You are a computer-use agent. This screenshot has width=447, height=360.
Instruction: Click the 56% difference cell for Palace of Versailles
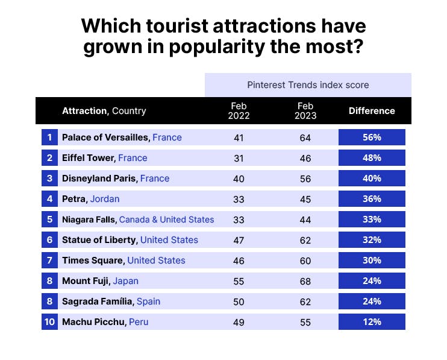372,137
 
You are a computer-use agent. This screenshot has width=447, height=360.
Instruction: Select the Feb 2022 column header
239,111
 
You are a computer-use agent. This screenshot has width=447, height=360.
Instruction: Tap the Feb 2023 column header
305,111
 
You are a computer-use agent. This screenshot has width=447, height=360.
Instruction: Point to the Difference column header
372,111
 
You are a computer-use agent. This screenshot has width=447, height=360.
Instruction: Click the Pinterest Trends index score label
308,85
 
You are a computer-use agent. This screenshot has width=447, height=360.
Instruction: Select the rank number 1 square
49,137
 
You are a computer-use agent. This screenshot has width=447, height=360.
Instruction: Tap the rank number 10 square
49,322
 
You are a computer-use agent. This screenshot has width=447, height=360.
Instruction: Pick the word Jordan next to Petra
105,199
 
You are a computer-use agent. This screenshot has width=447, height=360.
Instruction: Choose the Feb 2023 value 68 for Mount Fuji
305,281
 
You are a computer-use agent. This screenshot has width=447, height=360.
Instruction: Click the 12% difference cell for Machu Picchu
372,322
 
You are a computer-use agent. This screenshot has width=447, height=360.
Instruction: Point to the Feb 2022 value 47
239,240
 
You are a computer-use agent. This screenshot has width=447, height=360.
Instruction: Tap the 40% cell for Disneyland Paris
372,178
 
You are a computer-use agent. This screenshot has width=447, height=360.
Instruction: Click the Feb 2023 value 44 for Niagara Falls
305,219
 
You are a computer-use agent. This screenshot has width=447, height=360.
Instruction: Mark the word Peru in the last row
139,322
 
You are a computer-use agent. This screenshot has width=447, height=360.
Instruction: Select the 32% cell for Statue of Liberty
372,240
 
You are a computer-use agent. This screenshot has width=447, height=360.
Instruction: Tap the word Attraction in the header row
84,111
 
